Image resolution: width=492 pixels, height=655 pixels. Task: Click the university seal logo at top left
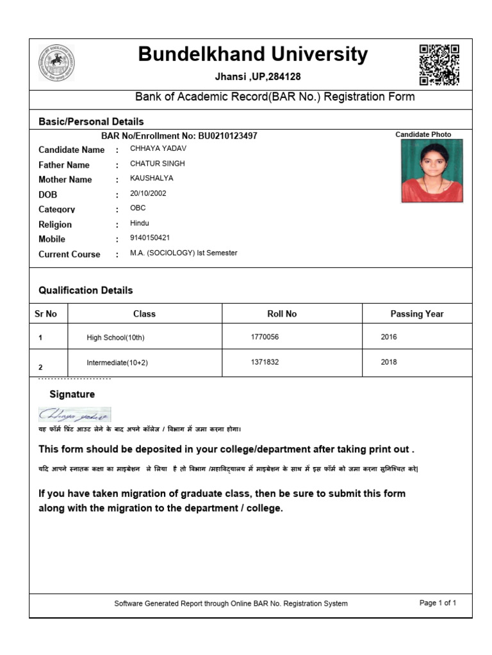pyautogui.click(x=56, y=63)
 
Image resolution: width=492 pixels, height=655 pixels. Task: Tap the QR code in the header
pyautogui.click(x=439, y=65)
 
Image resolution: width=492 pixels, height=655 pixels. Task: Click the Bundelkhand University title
pyautogui.click(x=253, y=55)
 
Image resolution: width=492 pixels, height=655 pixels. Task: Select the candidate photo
pyautogui.click(x=431, y=171)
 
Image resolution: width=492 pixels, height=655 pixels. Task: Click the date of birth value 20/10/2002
pyautogui.click(x=148, y=193)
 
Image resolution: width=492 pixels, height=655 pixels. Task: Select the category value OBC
pyautogui.click(x=138, y=208)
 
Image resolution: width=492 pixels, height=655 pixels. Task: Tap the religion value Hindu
pyautogui.click(x=140, y=223)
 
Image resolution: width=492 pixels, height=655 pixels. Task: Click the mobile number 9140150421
pyautogui.click(x=150, y=238)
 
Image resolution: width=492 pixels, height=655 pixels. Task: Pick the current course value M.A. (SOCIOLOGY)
pyautogui.click(x=183, y=253)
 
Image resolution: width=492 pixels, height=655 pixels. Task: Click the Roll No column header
pyautogui.click(x=282, y=313)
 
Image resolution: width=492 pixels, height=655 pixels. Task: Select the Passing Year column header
pyautogui.click(x=417, y=313)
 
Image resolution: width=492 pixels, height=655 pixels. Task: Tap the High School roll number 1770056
pyautogui.click(x=265, y=336)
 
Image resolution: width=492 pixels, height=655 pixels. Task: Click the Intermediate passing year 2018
pyautogui.click(x=389, y=362)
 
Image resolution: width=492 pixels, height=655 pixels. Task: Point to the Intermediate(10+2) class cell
pyautogui.click(x=117, y=363)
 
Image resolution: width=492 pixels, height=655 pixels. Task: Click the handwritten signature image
pyautogui.click(x=74, y=414)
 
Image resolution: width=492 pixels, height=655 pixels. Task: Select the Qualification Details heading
pyautogui.click(x=86, y=290)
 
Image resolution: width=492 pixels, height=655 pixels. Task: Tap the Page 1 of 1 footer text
pyautogui.click(x=438, y=603)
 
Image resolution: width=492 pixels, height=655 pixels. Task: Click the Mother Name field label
pyautogui.click(x=65, y=180)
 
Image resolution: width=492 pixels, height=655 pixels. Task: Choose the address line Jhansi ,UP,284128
pyautogui.click(x=258, y=77)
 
